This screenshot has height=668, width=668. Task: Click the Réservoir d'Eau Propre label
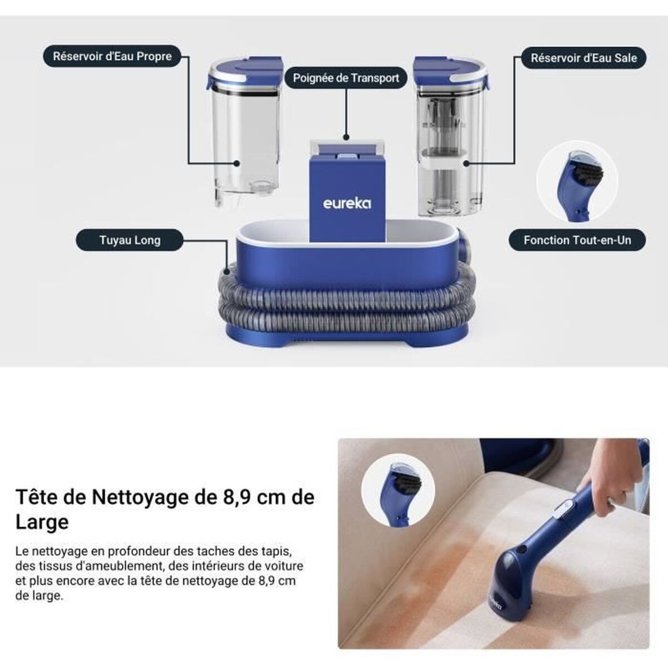pos(112,56)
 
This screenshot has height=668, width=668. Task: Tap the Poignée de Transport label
pos(346,78)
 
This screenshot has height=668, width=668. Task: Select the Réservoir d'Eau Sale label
pos(583,58)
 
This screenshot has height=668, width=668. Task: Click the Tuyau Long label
pos(130,240)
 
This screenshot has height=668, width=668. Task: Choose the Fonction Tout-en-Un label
pos(577,240)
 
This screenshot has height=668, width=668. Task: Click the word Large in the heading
pos(42,522)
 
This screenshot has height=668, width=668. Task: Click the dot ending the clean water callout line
pos(237,164)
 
